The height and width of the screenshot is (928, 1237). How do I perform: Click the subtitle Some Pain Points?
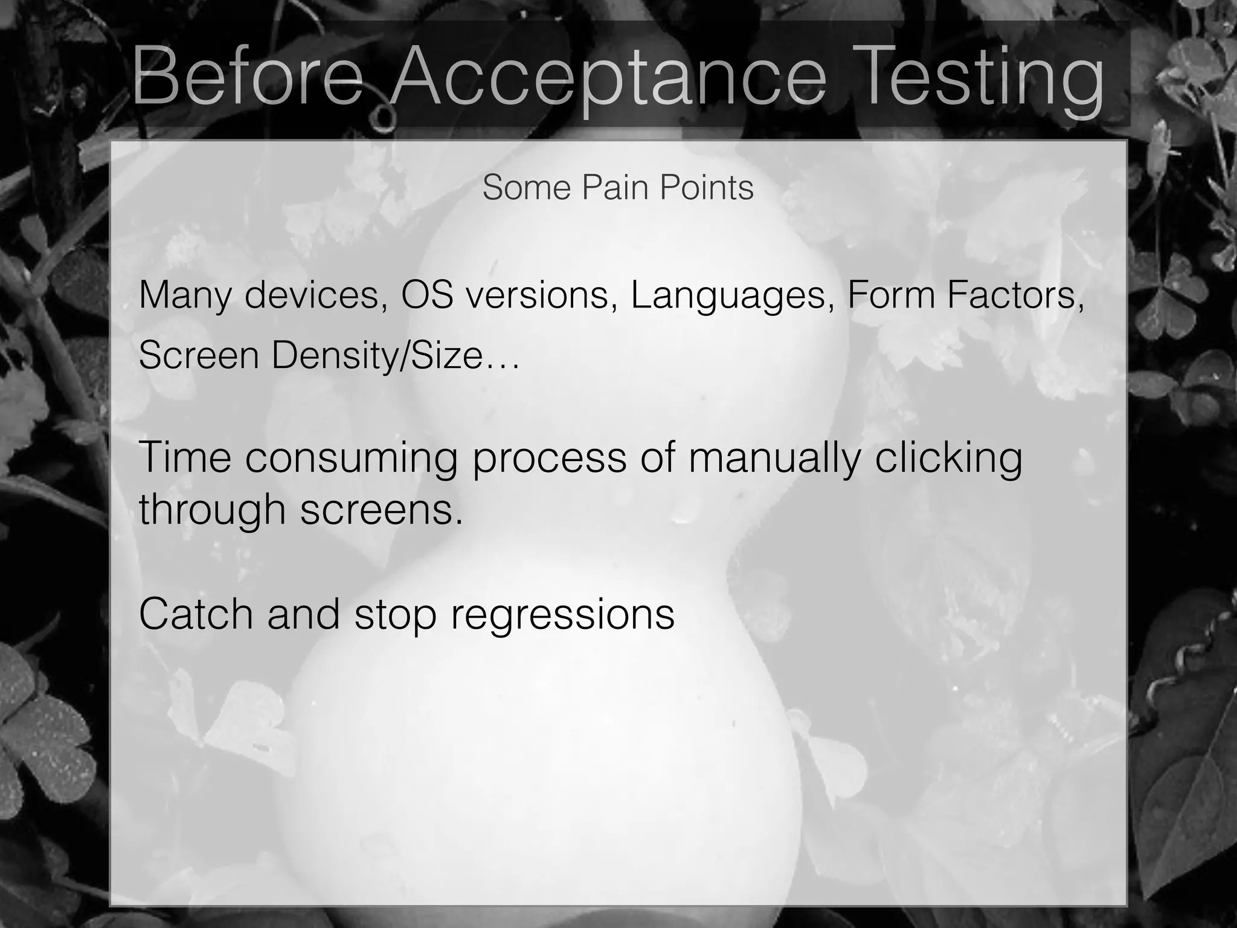tap(618, 187)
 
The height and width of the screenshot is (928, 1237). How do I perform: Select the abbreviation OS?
tap(427, 295)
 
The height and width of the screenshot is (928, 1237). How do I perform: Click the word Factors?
tap(1015, 295)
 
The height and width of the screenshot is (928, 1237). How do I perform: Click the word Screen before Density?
tap(199, 355)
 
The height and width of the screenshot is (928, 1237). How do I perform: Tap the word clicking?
tap(948, 458)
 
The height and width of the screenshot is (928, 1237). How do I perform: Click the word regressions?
tap(562, 615)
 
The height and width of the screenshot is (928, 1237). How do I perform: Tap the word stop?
tap(395, 615)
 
